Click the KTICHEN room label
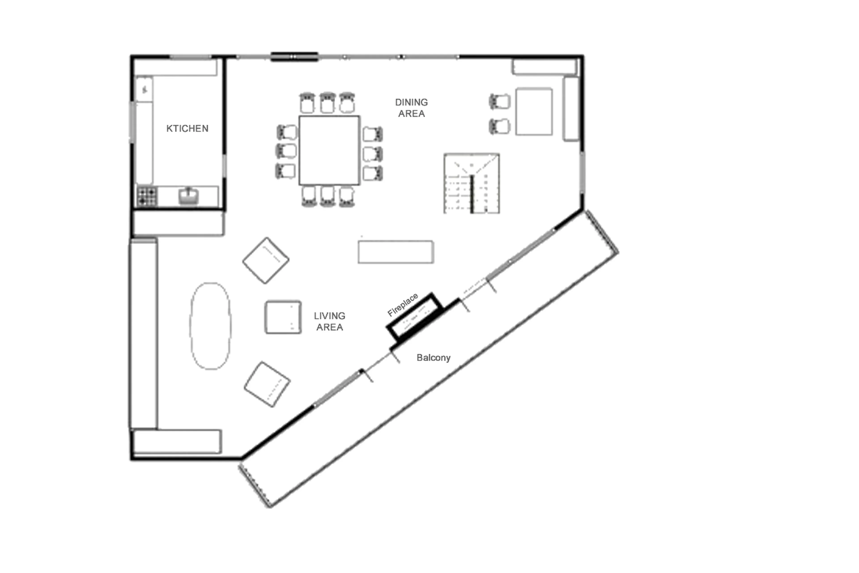(187, 128)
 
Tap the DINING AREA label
(411, 108)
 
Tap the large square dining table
(329, 150)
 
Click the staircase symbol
(471, 183)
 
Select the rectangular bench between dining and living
(396, 252)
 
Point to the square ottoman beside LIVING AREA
(283, 317)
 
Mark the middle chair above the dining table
(327, 103)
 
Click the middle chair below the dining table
(327, 196)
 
